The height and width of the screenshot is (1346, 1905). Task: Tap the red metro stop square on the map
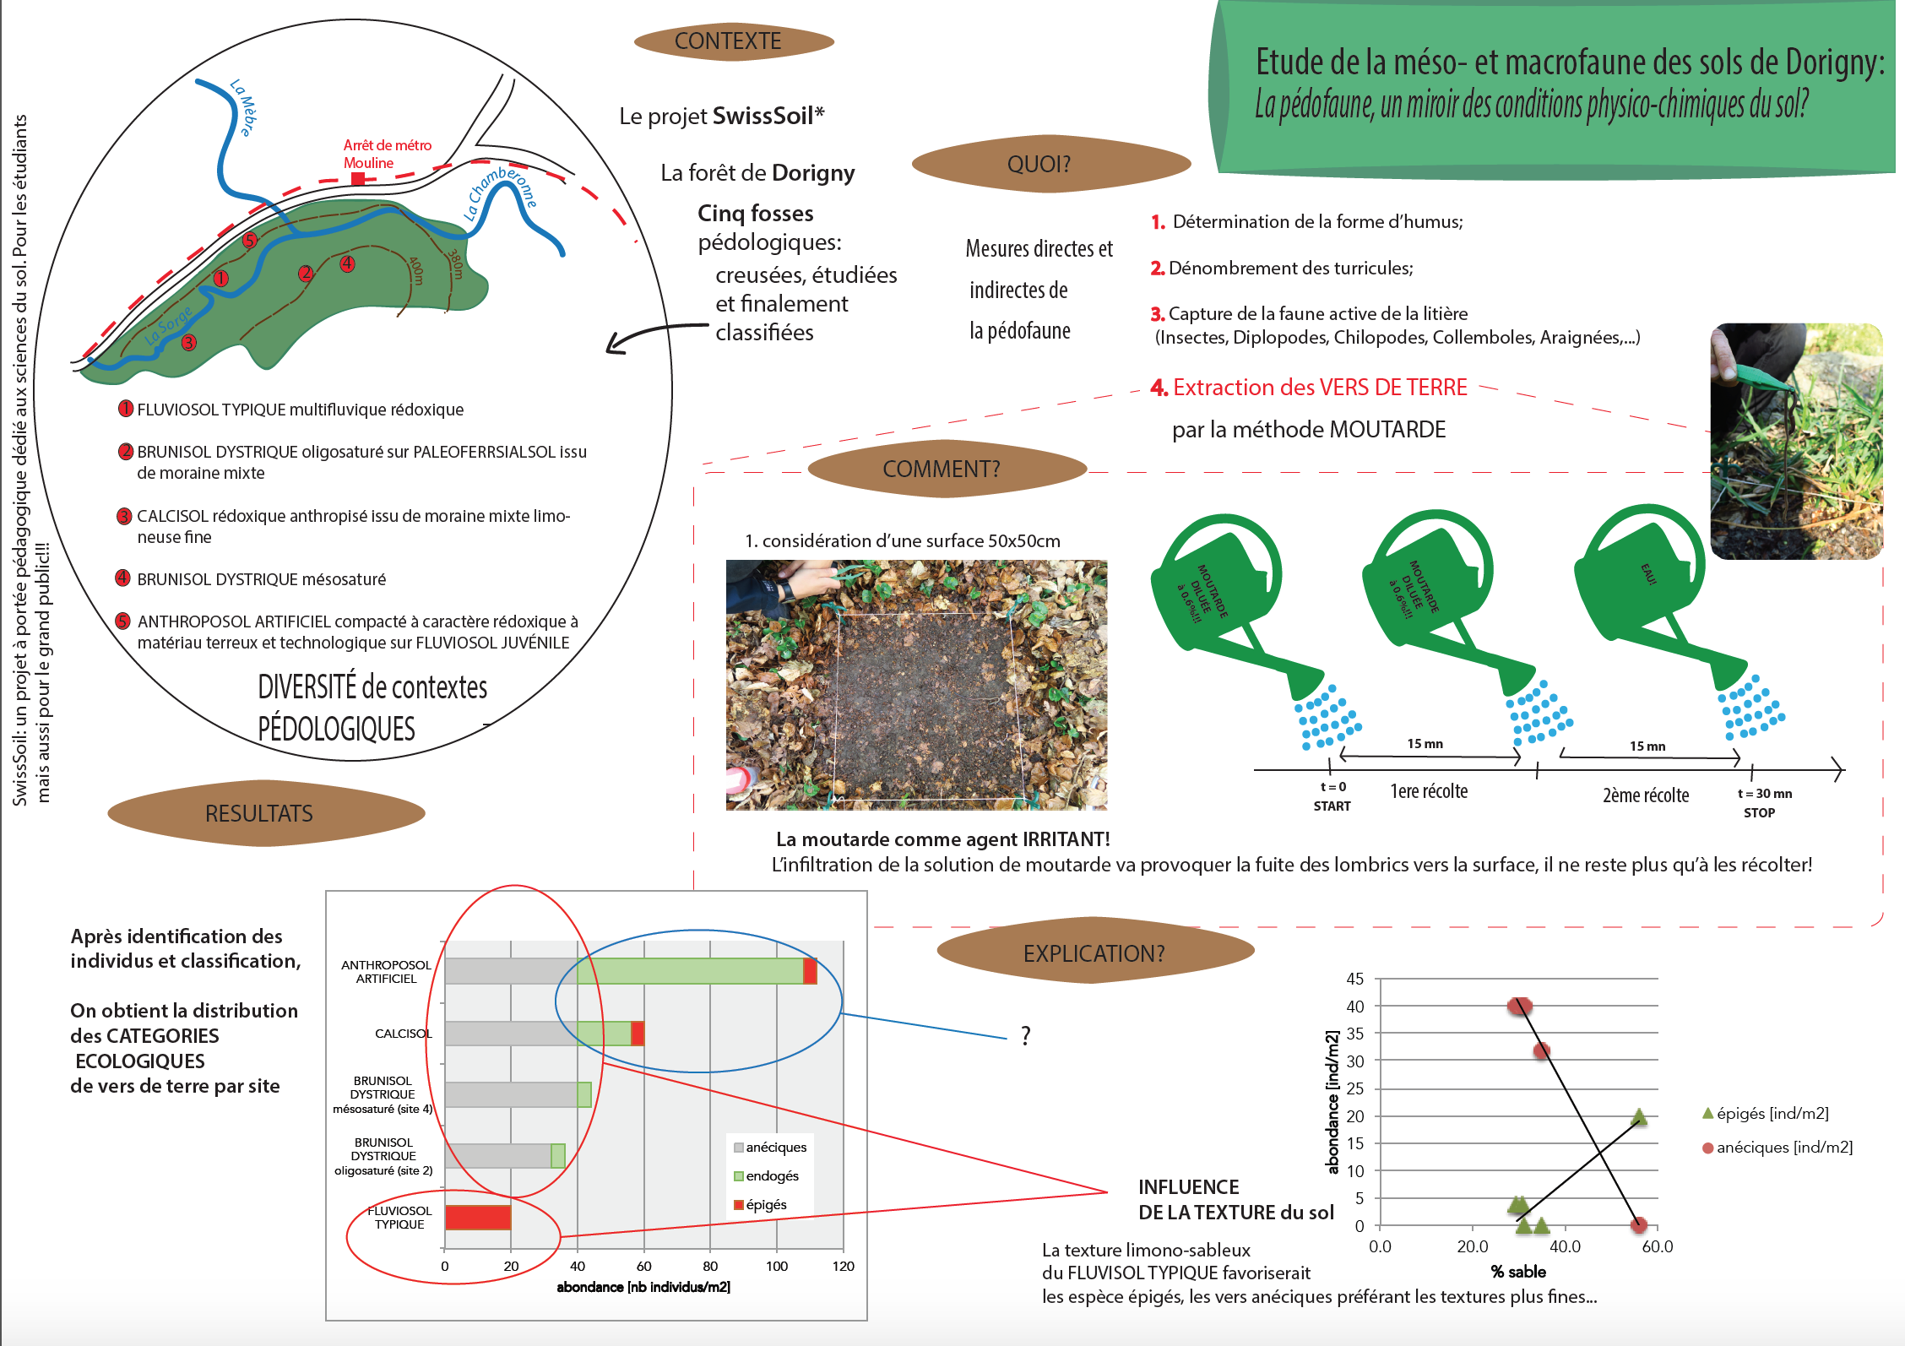(358, 179)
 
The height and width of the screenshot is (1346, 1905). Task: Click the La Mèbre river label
(243, 107)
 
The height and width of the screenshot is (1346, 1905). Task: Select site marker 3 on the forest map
(189, 342)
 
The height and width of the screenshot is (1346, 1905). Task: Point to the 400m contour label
(416, 270)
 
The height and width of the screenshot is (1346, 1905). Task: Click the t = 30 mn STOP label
(1763, 803)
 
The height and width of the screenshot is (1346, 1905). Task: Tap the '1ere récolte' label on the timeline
(1429, 791)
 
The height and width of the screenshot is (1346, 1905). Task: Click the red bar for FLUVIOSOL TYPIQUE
(478, 1218)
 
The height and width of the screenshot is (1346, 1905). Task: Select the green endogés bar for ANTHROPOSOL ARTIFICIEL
(691, 971)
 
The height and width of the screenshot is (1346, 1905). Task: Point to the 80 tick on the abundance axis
(710, 1266)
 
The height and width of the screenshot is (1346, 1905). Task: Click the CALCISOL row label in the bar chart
(403, 1034)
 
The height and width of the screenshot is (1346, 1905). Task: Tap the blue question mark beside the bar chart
(1026, 1035)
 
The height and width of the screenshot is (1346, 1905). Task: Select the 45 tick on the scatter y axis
(1354, 979)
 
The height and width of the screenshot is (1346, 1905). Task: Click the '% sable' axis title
(1518, 1272)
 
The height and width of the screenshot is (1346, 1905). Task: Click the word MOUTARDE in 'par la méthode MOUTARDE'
(1387, 430)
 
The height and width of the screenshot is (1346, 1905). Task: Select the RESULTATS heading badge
(260, 813)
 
